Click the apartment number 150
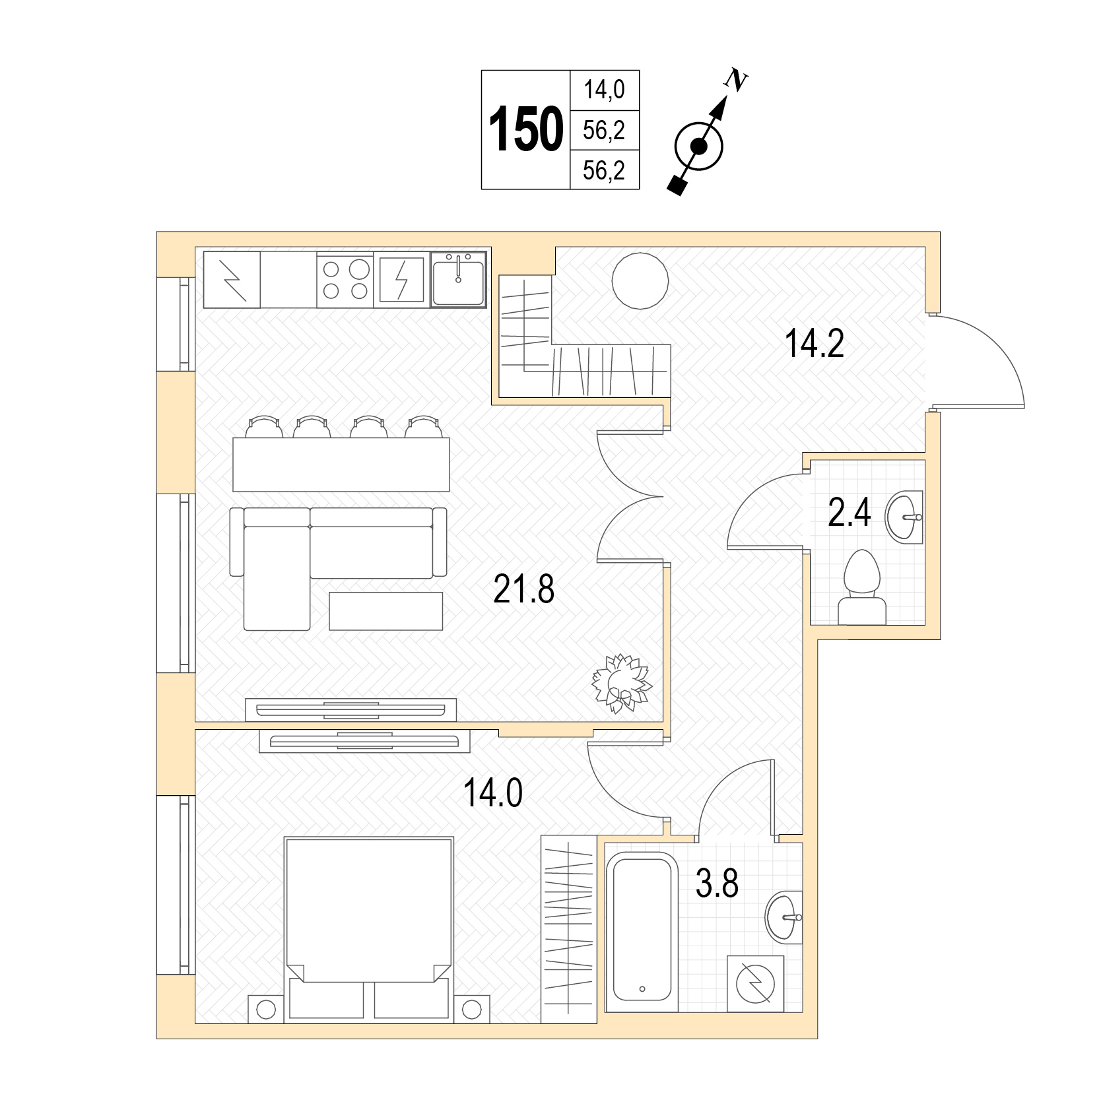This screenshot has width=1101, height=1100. (x=526, y=130)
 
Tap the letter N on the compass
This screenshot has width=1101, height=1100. (x=736, y=81)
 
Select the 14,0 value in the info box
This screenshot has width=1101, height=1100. (x=604, y=90)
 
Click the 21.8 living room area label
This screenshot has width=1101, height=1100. (x=523, y=589)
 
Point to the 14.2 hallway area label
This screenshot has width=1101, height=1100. (x=815, y=343)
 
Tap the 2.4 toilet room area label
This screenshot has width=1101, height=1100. (x=850, y=513)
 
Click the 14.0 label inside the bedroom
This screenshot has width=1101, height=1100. (x=493, y=793)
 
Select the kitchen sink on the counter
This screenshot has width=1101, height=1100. (x=458, y=280)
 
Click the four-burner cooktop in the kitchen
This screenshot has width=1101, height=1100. (x=345, y=280)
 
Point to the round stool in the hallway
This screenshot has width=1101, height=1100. (x=640, y=280)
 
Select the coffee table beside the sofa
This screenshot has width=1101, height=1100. (x=385, y=611)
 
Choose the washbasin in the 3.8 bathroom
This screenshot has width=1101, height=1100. (x=784, y=917)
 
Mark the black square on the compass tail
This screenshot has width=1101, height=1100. (x=676, y=185)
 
